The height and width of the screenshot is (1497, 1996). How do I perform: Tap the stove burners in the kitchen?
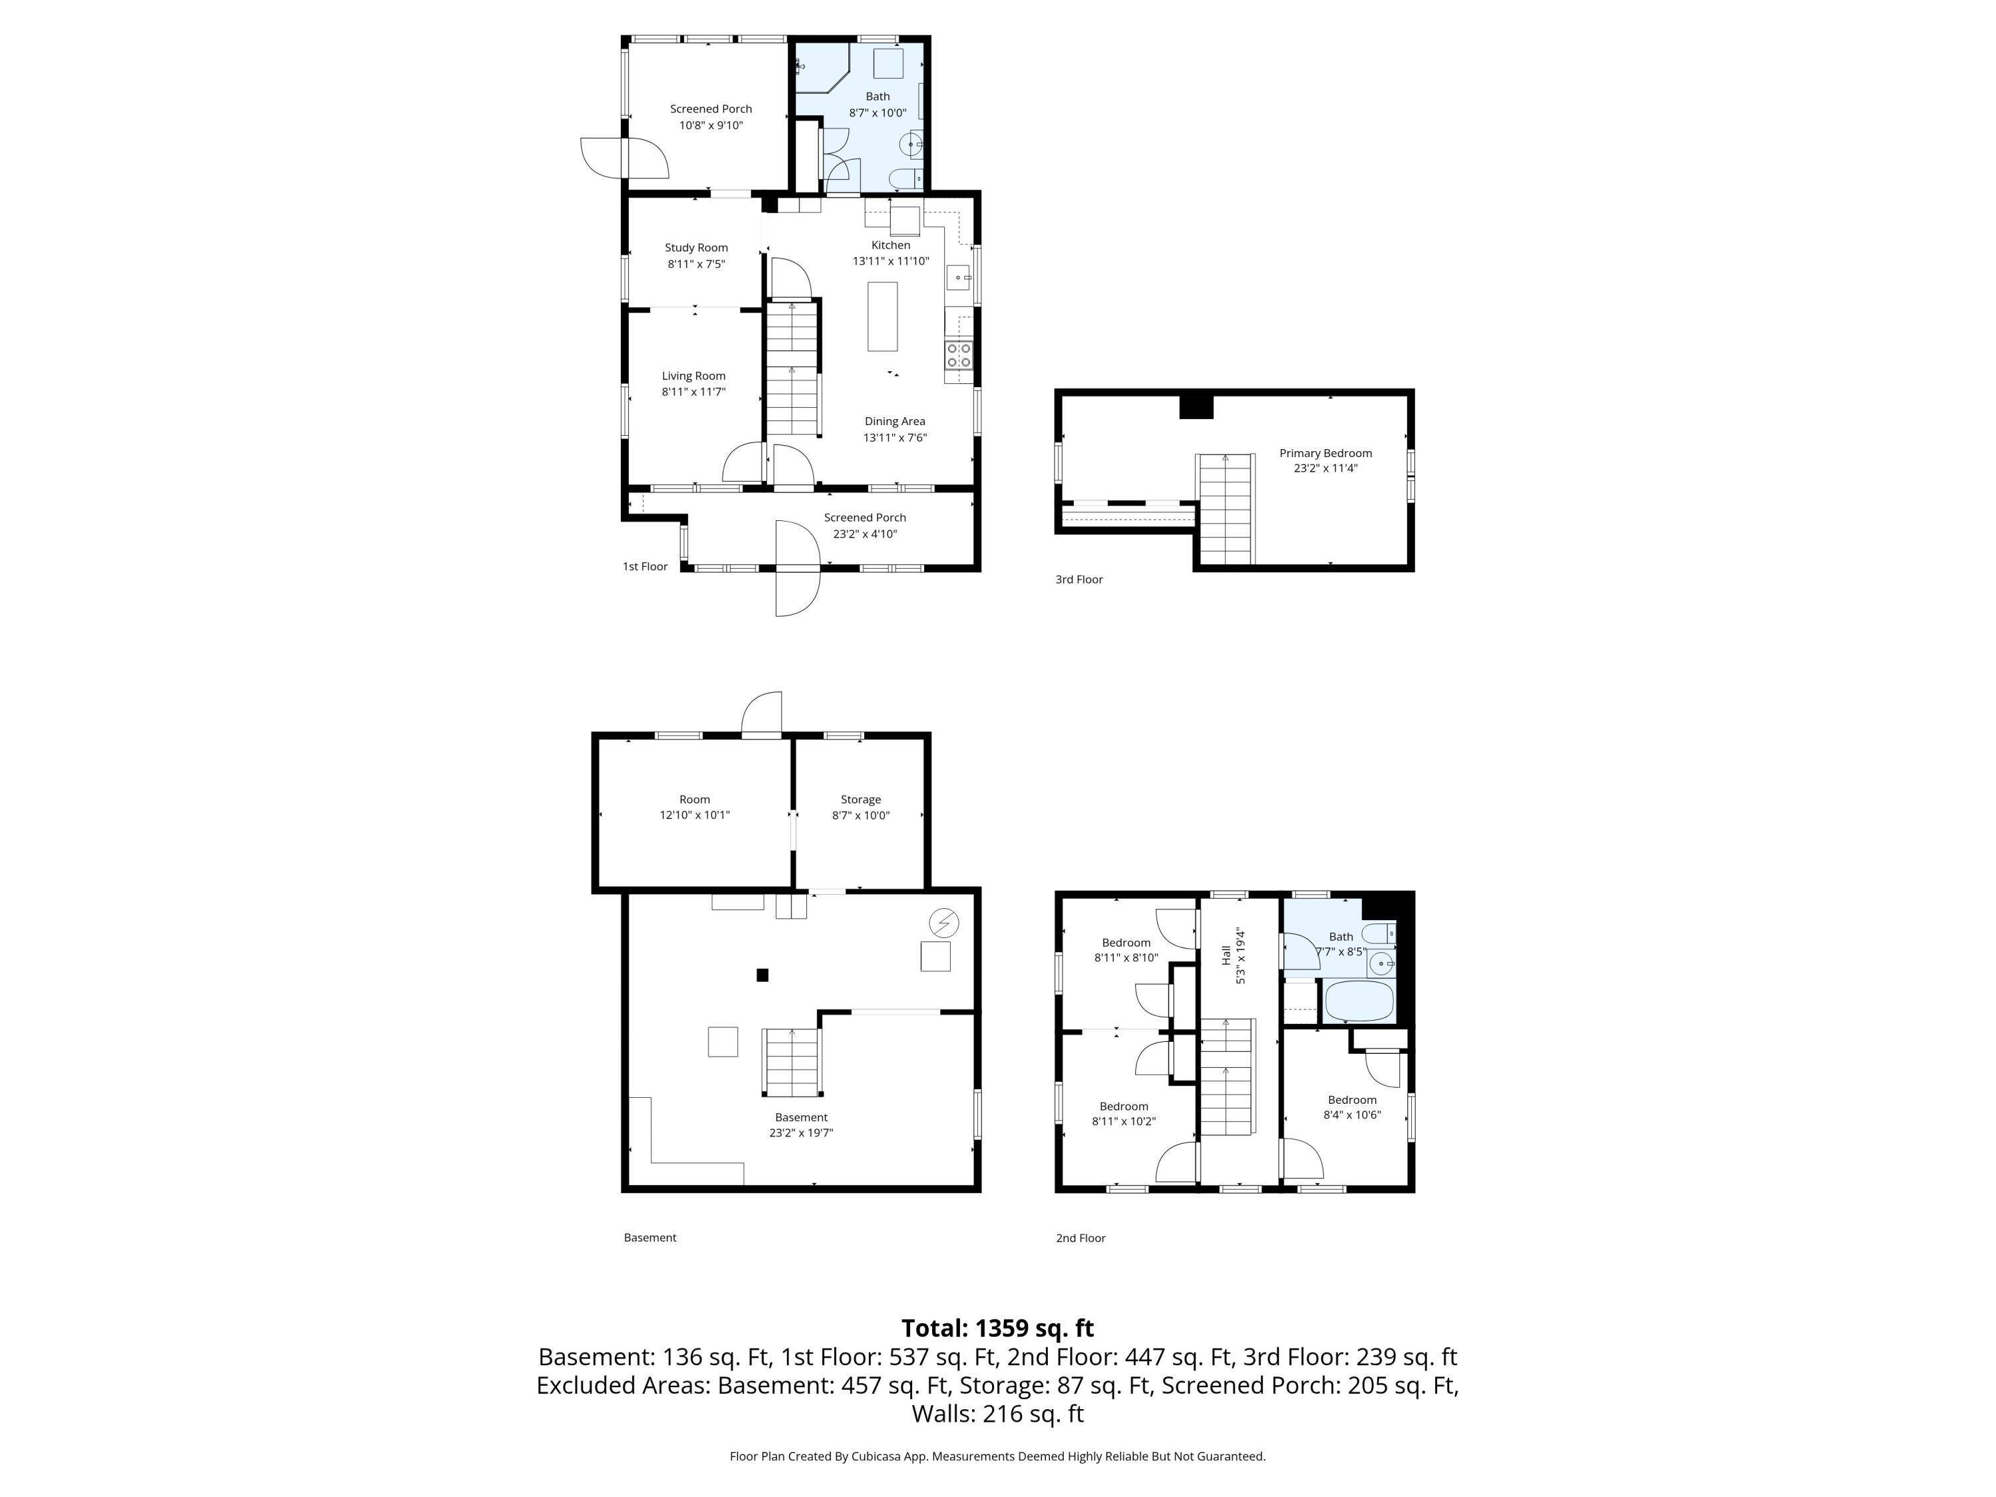[958, 355]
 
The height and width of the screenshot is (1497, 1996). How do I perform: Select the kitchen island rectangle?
[882, 316]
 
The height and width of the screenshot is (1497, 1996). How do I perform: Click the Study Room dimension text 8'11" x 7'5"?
[696, 264]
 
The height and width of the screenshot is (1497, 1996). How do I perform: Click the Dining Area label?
[894, 421]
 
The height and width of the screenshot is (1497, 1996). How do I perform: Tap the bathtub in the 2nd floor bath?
[1359, 1001]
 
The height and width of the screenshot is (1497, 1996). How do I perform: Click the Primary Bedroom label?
[1325, 454]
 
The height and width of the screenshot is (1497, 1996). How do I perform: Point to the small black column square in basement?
[762, 975]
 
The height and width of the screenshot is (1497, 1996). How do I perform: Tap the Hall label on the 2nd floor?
[1226, 955]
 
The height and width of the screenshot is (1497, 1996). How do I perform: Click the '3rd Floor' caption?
[1079, 580]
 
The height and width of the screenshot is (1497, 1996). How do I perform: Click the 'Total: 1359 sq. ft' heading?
[997, 1328]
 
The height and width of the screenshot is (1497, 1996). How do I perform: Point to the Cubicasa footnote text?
[997, 1456]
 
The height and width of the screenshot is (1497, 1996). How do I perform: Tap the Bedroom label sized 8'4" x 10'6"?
[1351, 1100]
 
